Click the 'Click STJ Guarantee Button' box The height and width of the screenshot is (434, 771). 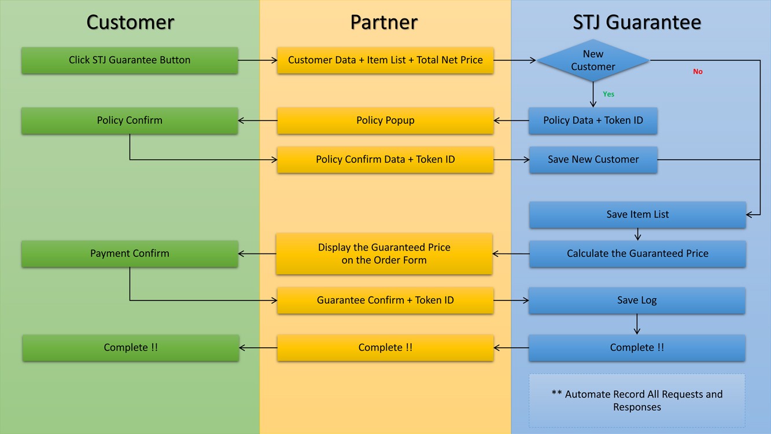[x=130, y=60]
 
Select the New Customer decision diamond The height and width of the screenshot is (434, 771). [x=593, y=60]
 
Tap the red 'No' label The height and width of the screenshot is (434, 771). [x=698, y=72]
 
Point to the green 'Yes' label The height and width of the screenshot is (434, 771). [x=608, y=94]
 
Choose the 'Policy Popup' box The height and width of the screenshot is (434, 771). [x=385, y=120]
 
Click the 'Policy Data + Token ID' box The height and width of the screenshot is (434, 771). [x=593, y=120]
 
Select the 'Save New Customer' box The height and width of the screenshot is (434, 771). [x=593, y=159]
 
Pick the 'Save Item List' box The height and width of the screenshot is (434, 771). [x=637, y=214]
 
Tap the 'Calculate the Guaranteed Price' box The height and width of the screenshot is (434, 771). [x=637, y=253]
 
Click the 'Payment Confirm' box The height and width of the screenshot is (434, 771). [x=130, y=253]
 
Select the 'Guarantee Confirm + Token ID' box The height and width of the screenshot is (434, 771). [x=385, y=300]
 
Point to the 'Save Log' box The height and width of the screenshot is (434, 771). [x=637, y=300]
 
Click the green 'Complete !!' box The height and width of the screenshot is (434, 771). [x=131, y=348]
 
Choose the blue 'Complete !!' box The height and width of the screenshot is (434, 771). [x=637, y=348]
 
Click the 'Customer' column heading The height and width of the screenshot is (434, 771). [x=130, y=23]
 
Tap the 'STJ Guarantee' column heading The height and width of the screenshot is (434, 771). [x=637, y=23]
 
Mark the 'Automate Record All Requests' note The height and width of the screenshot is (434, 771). [x=637, y=400]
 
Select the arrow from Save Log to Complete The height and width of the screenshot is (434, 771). [x=637, y=324]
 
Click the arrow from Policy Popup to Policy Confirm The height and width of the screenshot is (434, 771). [x=257, y=121]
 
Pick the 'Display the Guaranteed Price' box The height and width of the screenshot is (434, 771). [x=384, y=253]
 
